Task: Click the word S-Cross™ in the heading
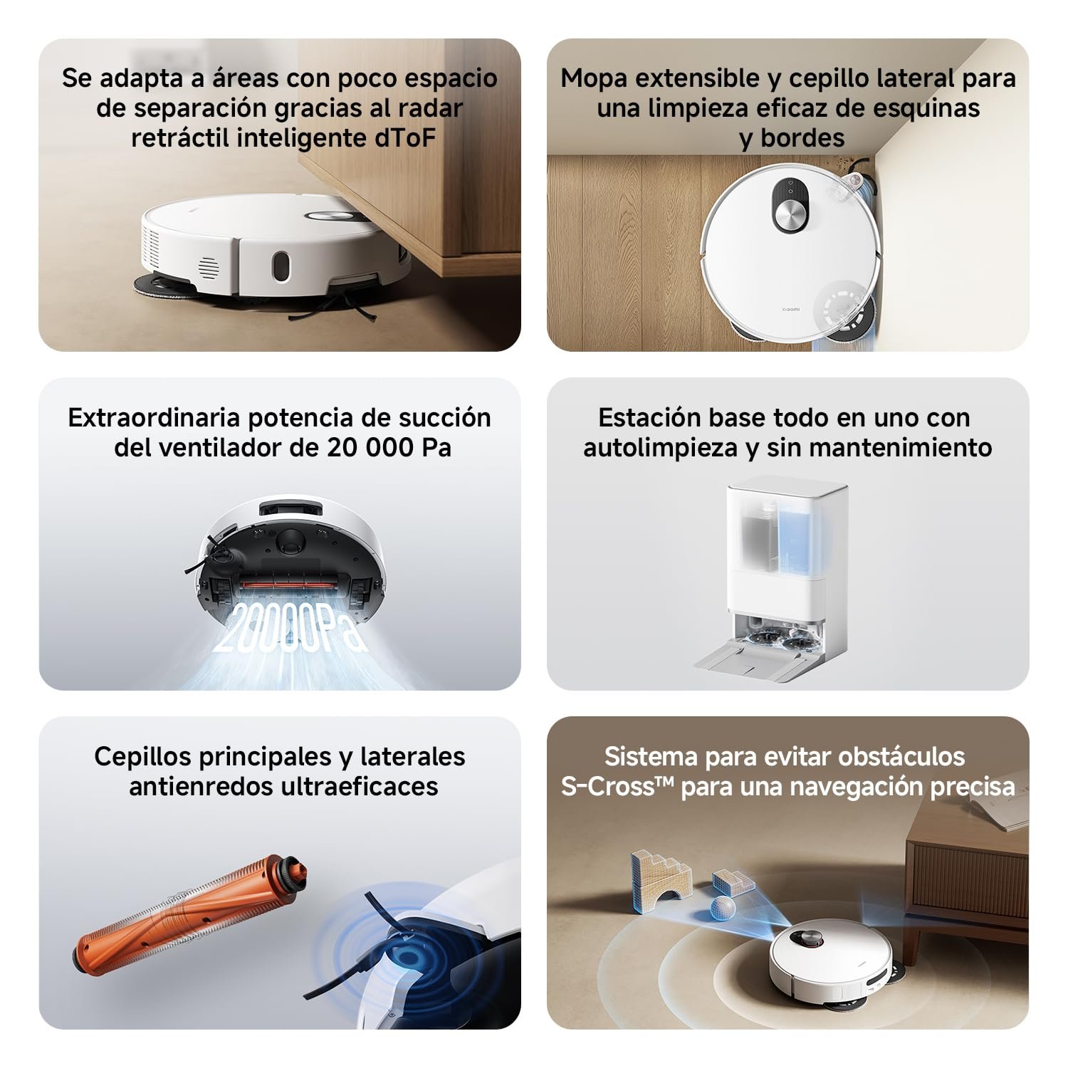tap(617, 786)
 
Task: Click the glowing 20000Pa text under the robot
tap(290, 627)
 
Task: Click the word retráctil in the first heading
tap(179, 137)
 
